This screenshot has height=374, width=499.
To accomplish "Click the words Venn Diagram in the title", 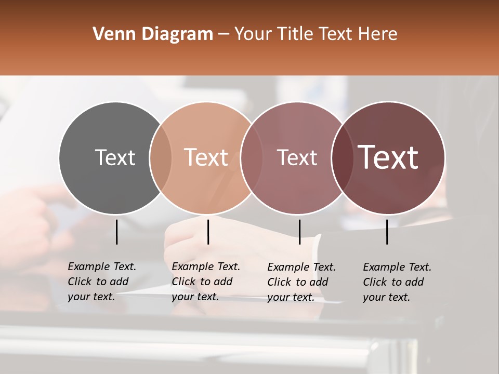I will (153, 34).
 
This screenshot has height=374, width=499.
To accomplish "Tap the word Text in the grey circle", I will (115, 157).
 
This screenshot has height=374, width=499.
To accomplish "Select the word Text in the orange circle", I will (206, 157).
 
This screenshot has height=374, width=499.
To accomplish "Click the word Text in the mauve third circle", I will (297, 157).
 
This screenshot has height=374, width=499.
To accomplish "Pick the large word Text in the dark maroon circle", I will (388, 157).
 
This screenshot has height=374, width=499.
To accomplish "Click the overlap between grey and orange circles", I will (161, 158).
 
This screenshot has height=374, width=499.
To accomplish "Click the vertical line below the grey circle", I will (116, 232).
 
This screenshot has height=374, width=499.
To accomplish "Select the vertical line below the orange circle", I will (208, 232).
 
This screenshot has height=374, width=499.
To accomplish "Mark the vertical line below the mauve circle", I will (299, 232).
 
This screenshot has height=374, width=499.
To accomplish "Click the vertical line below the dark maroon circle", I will (387, 232).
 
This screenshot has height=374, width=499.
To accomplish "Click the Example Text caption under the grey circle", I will (102, 282).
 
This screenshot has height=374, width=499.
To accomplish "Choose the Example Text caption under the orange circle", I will (206, 282).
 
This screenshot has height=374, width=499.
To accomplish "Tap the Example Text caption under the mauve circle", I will (301, 282).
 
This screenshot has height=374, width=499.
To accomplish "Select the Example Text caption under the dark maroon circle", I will (397, 282).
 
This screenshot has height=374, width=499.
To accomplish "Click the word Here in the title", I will (377, 34).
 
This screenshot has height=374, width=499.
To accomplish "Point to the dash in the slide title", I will (224, 35).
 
